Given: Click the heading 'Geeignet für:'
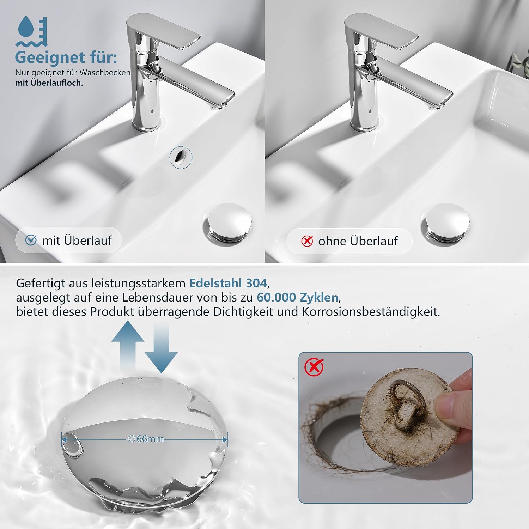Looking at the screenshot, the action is (66, 57).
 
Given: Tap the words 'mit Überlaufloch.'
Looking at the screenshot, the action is (49, 83).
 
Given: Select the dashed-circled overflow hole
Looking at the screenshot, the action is (181, 157).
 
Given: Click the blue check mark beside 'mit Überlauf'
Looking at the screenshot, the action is (31, 240).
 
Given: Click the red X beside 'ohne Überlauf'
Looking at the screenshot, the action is (307, 241).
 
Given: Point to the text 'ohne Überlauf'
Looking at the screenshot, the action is (358, 241).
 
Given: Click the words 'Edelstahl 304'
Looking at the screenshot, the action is (229, 283).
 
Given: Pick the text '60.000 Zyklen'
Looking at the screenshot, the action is (297, 297).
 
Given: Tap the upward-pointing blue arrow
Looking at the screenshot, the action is (128, 346).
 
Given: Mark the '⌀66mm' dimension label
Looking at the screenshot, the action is (146, 439).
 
